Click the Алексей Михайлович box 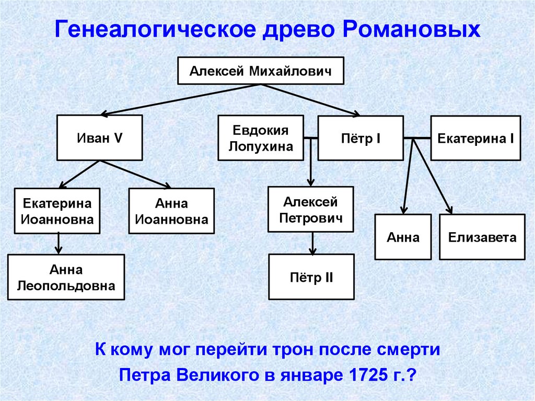261,70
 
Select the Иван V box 99,138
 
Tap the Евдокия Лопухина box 261,138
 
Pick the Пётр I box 360,138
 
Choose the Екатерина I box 475,138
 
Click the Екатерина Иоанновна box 57,210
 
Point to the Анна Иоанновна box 171,210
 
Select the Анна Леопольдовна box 66,277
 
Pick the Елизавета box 482,237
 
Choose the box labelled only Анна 403,237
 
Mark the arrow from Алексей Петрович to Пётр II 312,243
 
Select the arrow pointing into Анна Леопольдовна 59,243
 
